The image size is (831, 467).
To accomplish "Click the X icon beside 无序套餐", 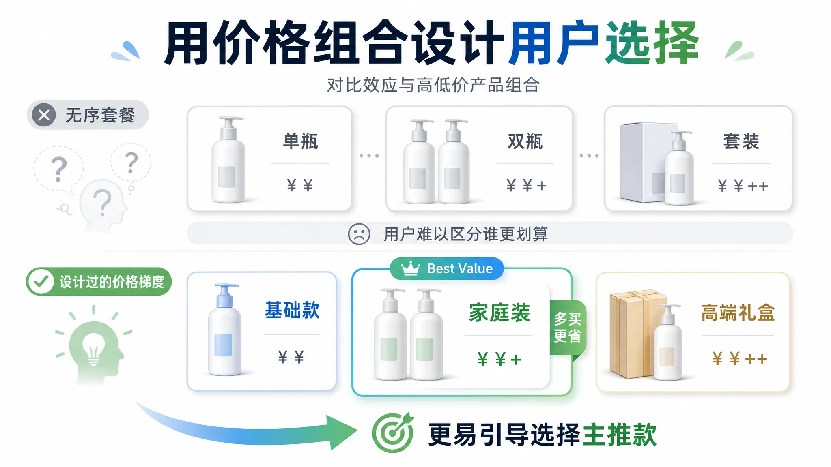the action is tap(44, 115).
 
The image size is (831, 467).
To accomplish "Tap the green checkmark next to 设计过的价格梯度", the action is tap(41, 281).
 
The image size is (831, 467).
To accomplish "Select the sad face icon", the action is tap(359, 234).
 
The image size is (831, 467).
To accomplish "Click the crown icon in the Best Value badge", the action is tap(410, 268).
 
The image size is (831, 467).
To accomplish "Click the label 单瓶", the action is tap(300, 141).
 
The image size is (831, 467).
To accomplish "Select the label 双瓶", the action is tap(525, 141).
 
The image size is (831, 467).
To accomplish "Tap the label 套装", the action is tap(741, 141).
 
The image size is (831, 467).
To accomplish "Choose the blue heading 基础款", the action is tap(292, 311).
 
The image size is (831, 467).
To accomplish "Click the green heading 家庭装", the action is tap(499, 313).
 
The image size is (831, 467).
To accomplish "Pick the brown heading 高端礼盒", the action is tap(738, 313).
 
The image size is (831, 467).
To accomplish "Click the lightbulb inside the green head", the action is tap(94, 349).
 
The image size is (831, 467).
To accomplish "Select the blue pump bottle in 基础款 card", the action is tap(224, 329).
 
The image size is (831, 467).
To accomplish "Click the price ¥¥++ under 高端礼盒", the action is tap(739, 359).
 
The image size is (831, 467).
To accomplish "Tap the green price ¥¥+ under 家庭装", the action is tap(499, 359).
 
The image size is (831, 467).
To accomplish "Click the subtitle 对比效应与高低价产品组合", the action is tap(433, 85).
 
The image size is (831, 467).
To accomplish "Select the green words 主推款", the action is tap(619, 435).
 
